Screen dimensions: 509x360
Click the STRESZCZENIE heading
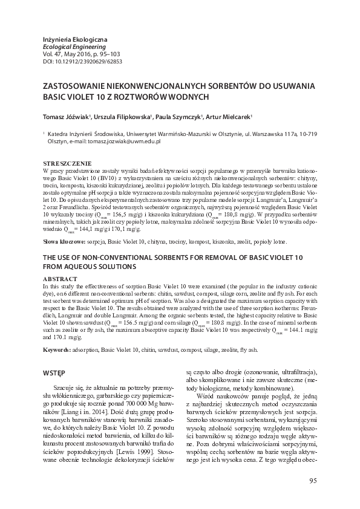click(x=67, y=163)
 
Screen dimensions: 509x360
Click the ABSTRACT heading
click(x=61, y=279)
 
